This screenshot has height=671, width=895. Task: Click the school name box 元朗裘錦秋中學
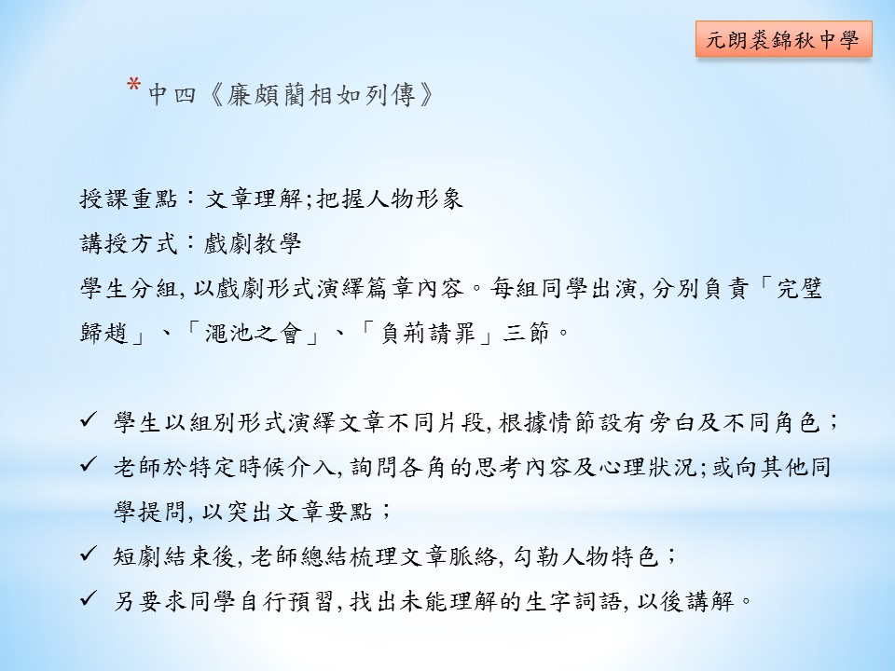[x=784, y=39]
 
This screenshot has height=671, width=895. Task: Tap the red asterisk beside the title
[x=134, y=86]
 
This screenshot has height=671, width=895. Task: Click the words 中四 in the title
[x=172, y=95]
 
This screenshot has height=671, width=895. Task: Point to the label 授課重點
[x=129, y=199]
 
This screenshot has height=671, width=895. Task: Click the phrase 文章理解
[x=254, y=199]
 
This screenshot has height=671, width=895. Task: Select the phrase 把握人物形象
[x=390, y=199]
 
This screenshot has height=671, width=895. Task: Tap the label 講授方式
[x=129, y=243]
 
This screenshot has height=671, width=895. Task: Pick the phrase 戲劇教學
[x=253, y=243]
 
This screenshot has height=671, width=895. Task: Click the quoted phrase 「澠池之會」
[x=254, y=333]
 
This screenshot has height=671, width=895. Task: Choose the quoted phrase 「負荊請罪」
[x=428, y=333]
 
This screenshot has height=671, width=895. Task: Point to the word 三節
[x=527, y=333]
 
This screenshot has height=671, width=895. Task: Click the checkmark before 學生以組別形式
[x=89, y=420]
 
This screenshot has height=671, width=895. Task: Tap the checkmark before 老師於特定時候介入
[x=89, y=464]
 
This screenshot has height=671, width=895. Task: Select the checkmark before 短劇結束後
[x=89, y=554]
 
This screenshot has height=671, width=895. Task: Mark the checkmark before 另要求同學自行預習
[x=89, y=598]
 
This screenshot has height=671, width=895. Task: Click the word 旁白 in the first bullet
[x=671, y=422]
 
